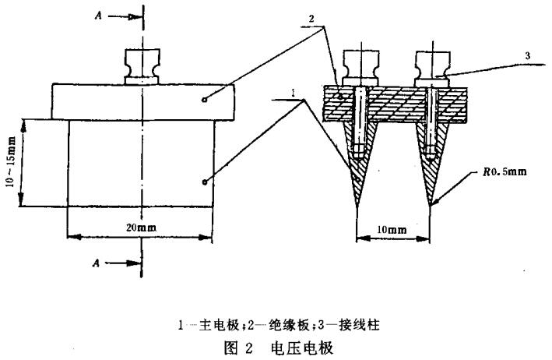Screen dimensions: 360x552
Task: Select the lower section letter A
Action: pos(95,263)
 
